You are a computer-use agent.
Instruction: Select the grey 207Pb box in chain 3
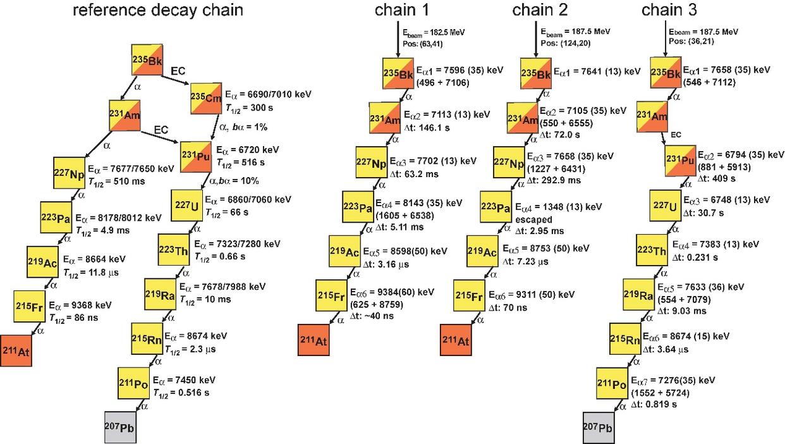pyautogui.click(x=599, y=426)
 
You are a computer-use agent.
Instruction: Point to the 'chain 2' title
pyautogui.click(x=540, y=11)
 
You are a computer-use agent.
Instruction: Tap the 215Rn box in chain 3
pyautogui.click(x=625, y=338)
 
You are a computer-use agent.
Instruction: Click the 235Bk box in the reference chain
pyautogui.click(x=148, y=60)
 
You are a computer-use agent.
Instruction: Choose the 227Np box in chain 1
pyautogui.click(x=372, y=163)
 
